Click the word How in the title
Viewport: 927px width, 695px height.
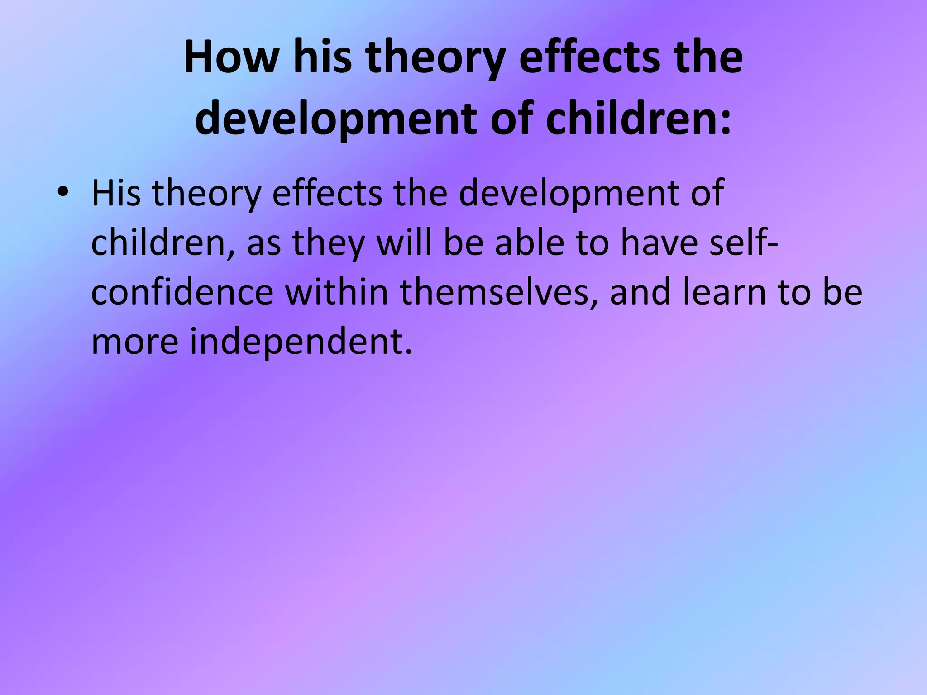231,57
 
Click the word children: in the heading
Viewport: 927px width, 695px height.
638,119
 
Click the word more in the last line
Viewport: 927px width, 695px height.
135,342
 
